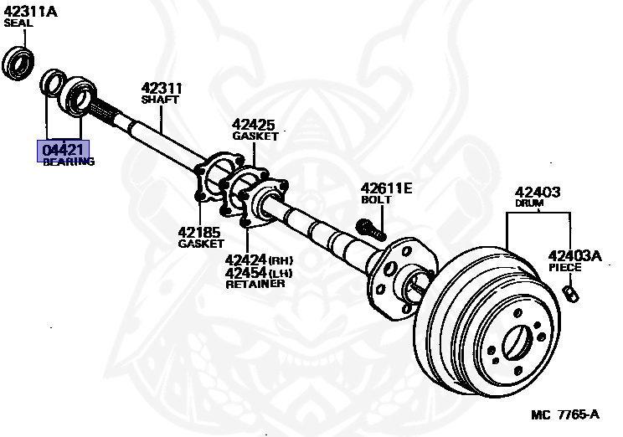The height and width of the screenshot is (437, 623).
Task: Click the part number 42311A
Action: pyautogui.click(x=29, y=12)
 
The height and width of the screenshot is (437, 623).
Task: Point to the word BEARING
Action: pyautogui.click(x=69, y=162)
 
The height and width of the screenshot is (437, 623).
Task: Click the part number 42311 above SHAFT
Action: pyautogui.click(x=162, y=88)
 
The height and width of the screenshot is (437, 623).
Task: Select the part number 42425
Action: pyautogui.click(x=254, y=124)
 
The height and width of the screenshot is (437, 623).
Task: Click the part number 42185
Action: pyautogui.click(x=198, y=232)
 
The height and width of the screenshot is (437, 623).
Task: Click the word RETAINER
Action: pyautogui.click(x=255, y=284)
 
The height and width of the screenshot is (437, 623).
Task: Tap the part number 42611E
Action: pyautogui.click(x=386, y=188)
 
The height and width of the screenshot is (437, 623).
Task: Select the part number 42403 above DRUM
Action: pyautogui.click(x=537, y=192)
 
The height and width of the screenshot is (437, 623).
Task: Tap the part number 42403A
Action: pyautogui.click(x=574, y=255)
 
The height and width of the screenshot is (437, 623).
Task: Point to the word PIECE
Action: pyautogui.click(x=564, y=268)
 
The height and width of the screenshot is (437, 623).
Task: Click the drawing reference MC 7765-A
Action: pyautogui.click(x=564, y=414)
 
